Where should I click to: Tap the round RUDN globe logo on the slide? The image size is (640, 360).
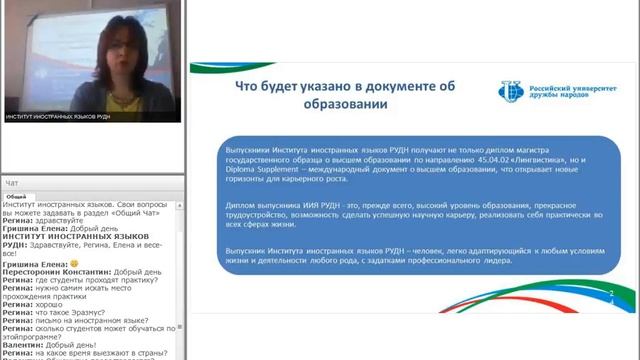[x=510, y=93]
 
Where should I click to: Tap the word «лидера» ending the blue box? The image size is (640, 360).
[x=495, y=260]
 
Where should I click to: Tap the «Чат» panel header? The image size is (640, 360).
[x=12, y=183]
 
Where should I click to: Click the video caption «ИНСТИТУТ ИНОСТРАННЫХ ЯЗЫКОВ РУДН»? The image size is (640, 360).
[x=64, y=116]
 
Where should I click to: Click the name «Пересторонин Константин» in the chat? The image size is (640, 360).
[x=49, y=273]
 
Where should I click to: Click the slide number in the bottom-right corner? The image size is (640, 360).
[x=610, y=294]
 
